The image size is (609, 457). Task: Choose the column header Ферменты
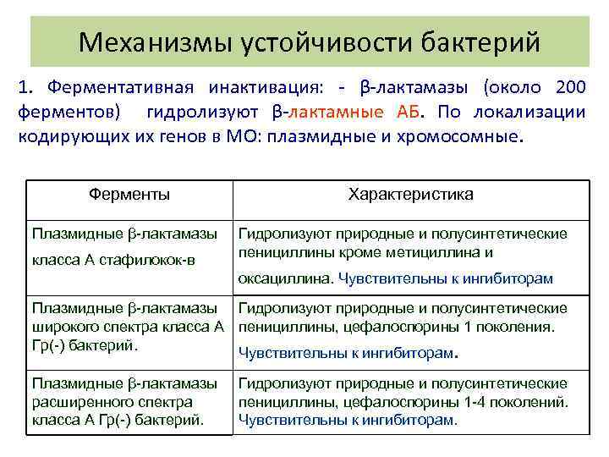click(x=129, y=194)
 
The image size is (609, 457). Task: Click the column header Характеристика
click(x=411, y=194)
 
